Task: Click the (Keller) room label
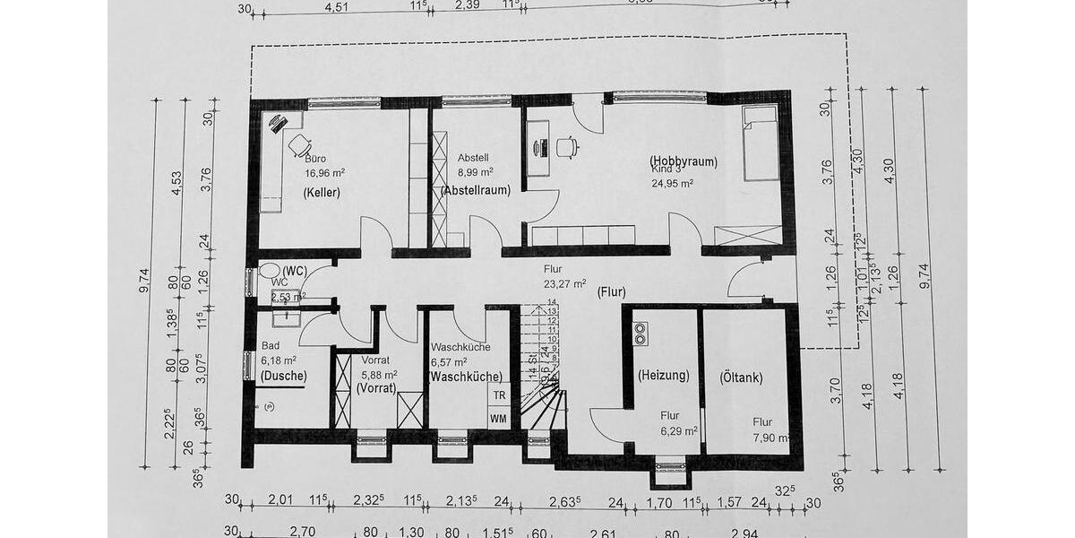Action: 321,193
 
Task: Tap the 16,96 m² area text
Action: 301,174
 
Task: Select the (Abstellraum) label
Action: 475,190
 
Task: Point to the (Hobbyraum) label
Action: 684,161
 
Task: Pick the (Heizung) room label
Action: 663,377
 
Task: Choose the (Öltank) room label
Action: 742,377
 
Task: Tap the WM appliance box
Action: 498,419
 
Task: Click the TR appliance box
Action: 499,395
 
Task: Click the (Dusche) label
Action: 283,376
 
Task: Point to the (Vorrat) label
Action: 376,388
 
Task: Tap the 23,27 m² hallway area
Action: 564,283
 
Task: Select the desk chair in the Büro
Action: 299,144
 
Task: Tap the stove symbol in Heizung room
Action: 641,334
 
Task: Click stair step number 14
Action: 553,302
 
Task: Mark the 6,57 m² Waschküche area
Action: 450,361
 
